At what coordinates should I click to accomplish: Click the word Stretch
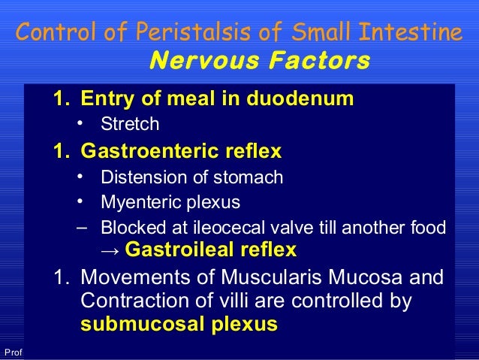[130, 124]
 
